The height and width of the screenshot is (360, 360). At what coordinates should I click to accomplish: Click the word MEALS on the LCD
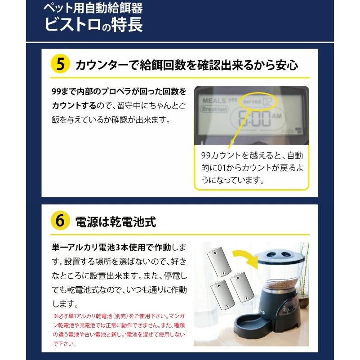214,101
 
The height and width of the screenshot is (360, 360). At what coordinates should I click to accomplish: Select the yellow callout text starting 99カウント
252,168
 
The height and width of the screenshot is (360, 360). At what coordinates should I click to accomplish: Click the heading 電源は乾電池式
116,222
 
